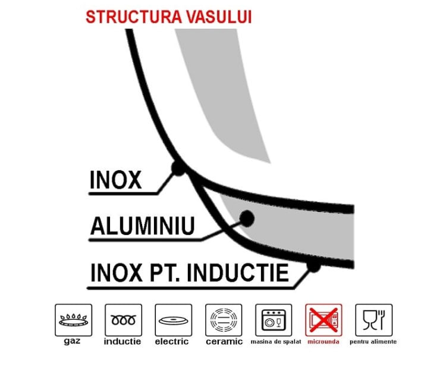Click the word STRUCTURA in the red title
click(x=134, y=17)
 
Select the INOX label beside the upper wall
click(x=115, y=180)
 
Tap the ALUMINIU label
click(x=143, y=226)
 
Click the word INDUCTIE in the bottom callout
click(x=238, y=273)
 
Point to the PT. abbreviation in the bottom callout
click(x=165, y=273)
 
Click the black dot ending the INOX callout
click(x=178, y=168)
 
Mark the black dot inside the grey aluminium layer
click(x=247, y=218)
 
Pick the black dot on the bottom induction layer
click(x=313, y=265)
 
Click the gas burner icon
click(x=74, y=320)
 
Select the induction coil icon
click(x=124, y=320)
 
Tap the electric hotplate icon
click(x=174, y=320)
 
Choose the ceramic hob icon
click(x=224, y=320)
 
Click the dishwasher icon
click(x=274, y=320)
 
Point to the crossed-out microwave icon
click(x=323, y=320)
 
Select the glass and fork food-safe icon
click(x=374, y=320)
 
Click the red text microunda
click(x=323, y=342)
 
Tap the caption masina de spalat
click(x=276, y=342)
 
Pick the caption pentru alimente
click(x=373, y=342)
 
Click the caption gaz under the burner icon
click(x=72, y=341)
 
